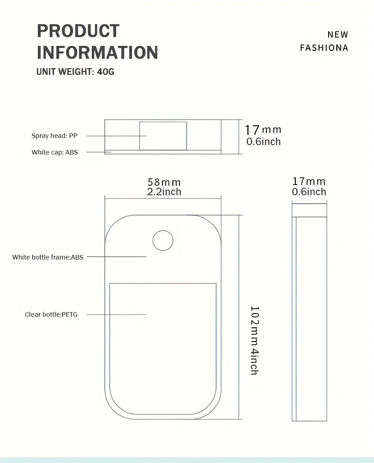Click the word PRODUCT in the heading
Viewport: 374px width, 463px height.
click(x=78, y=31)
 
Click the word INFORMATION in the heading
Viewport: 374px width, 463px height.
click(x=97, y=52)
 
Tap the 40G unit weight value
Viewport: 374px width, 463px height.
click(x=106, y=72)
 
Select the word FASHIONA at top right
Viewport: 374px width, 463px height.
click(x=324, y=48)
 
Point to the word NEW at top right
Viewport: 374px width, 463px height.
click(x=338, y=35)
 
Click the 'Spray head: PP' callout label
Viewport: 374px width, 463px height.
click(x=54, y=136)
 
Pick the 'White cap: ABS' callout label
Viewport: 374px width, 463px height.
click(x=55, y=152)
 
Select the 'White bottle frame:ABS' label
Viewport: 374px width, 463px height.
click(x=48, y=257)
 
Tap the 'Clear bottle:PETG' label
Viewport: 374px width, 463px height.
click(x=51, y=314)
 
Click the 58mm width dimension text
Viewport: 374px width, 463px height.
click(x=164, y=182)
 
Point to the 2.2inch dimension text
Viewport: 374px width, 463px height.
click(x=164, y=192)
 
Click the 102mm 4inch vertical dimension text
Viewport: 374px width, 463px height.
click(x=255, y=341)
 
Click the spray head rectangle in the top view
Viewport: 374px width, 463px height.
click(x=163, y=136)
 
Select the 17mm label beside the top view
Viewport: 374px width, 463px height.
click(x=263, y=130)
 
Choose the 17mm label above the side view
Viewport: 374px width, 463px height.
click(x=309, y=181)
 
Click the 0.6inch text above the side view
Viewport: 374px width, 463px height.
click(x=309, y=192)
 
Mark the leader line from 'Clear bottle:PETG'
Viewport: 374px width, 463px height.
click(x=116, y=314)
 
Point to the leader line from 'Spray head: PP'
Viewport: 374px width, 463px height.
click(x=116, y=136)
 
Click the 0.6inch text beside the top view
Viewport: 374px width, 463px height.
click(x=263, y=142)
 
